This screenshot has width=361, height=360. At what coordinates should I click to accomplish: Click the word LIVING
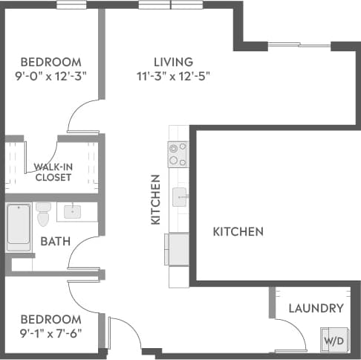(x=173, y=62)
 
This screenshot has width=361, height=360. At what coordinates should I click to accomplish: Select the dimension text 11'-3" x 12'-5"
(x=173, y=76)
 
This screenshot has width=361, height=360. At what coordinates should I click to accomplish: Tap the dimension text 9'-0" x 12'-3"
(x=51, y=76)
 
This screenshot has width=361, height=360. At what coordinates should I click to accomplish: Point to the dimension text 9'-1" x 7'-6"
(x=51, y=332)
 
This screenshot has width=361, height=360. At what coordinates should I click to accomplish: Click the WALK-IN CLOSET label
(x=53, y=172)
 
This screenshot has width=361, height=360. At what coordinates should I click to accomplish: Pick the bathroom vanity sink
(x=72, y=212)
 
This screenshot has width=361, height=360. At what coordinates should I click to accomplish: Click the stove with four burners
(x=178, y=154)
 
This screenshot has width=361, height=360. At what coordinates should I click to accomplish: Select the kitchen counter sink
(x=179, y=197)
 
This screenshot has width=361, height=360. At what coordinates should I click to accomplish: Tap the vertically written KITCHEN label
(x=156, y=200)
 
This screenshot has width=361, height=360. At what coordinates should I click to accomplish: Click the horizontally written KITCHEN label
(x=238, y=232)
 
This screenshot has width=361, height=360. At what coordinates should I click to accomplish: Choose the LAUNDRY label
(x=316, y=308)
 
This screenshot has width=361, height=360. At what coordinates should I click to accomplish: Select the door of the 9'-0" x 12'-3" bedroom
(x=82, y=119)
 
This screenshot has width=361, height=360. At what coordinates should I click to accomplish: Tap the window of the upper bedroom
(x=71, y=6)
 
